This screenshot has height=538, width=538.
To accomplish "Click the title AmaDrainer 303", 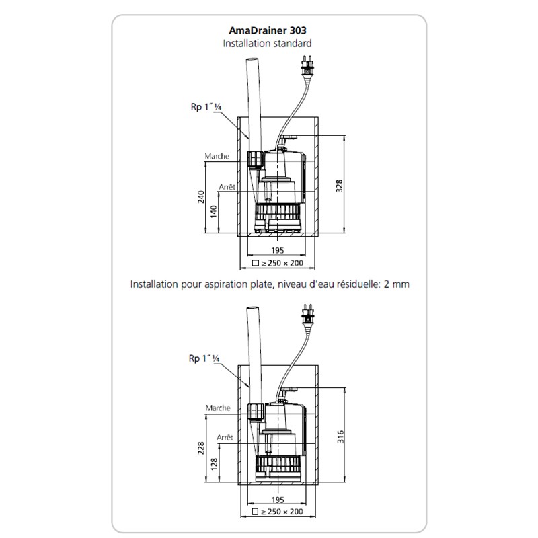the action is [267, 30].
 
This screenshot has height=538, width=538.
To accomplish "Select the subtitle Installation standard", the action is [267, 44].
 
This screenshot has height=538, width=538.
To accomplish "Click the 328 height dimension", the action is [339, 186].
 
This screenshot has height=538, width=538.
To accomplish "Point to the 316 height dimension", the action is [340, 436].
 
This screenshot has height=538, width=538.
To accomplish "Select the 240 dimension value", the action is [201, 197].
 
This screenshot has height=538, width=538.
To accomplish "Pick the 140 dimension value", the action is [214, 211].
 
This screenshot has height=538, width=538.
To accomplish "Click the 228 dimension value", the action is [200, 448].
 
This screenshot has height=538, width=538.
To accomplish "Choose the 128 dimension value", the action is [214, 463].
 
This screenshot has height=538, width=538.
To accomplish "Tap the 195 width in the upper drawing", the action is [277, 250].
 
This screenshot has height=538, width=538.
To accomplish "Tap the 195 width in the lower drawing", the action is [278, 500].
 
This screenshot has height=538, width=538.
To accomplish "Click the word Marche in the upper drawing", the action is [217, 156].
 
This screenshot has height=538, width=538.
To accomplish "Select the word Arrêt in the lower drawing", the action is [225, 438].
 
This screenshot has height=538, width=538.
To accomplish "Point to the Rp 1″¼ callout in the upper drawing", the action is [206, 107].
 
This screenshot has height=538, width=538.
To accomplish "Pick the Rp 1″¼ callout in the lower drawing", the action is [204, 358].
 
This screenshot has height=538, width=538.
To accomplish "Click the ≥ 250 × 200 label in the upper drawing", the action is [278, 263].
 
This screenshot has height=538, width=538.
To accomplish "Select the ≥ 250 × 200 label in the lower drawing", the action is [278, 512].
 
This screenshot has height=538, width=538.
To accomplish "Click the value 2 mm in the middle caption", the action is [396, 284].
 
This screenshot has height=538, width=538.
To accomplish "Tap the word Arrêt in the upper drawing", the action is [227, 187].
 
